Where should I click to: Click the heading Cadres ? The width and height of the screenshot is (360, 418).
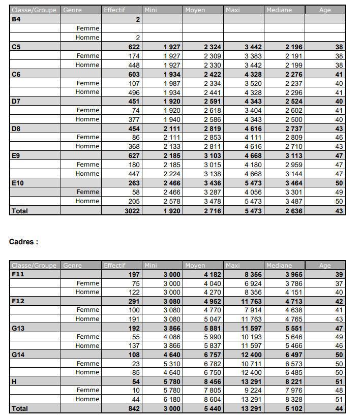23,242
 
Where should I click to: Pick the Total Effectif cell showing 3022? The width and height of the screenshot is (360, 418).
132,211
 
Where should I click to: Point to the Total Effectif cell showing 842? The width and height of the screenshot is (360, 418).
134,408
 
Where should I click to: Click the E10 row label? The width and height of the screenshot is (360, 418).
18,183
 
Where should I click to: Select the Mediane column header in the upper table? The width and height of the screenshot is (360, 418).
279,10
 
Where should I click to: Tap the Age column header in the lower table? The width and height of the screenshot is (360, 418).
325,265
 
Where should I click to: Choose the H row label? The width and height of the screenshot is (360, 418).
14,381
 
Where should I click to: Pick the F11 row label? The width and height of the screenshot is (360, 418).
18,274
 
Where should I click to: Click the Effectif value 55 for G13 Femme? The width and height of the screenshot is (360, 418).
136,337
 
